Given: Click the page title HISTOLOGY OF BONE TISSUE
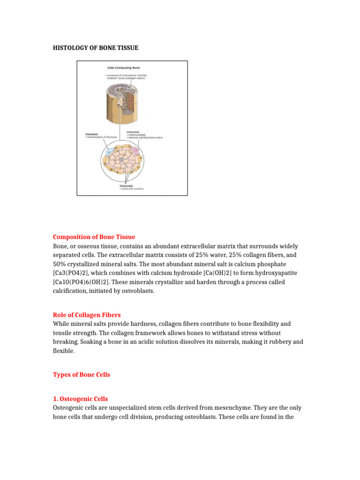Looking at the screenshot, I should (x=95, y=48).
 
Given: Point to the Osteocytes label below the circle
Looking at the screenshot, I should (x=127, y=185).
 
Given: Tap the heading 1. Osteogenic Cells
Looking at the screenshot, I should (x=80, y=399).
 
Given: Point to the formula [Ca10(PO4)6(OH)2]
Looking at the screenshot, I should (x=90, y=282).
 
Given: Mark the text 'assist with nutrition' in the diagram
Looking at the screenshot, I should (x=133, y=189).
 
